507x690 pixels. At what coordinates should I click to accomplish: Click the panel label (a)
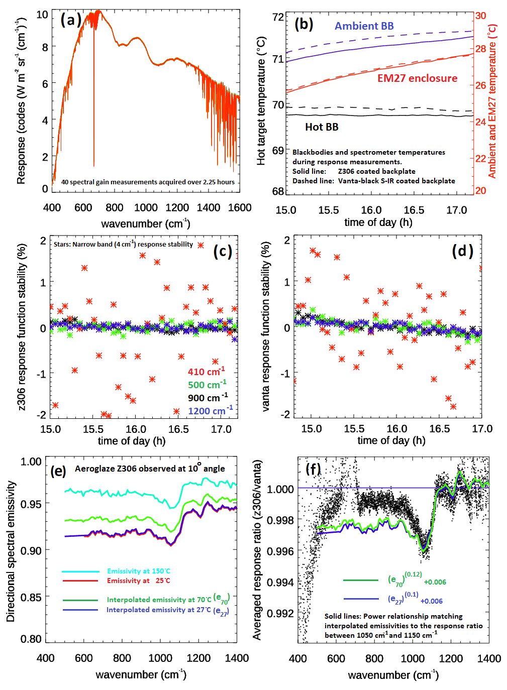(70, 20)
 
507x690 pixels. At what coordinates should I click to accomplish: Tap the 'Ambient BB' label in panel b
(364, 26)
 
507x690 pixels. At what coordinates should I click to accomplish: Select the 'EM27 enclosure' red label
(417, 78)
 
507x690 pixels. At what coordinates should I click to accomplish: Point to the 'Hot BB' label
(322, 127)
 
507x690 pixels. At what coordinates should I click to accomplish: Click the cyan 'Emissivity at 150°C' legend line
(80, 571)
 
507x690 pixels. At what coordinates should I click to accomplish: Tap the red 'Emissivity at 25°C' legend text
(138, 581)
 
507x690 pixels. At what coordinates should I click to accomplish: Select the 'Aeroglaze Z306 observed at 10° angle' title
(150, 469)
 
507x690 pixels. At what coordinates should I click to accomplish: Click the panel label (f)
(313, 469)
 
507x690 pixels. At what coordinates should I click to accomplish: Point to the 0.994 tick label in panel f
(280, 583)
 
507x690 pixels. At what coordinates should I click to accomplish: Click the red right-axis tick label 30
(480, 16)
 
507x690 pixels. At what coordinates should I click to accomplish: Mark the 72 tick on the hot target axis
(278, 17)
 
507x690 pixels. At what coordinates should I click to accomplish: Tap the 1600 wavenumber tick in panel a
(240, 208)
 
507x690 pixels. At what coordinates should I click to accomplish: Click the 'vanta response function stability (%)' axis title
(266, 326)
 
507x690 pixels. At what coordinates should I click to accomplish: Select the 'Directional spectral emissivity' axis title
(11, 551)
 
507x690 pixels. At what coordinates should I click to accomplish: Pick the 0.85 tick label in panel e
(31, 597)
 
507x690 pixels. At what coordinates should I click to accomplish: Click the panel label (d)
(462, 251)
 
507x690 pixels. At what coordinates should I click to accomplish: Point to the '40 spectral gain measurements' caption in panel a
(148, 182)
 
